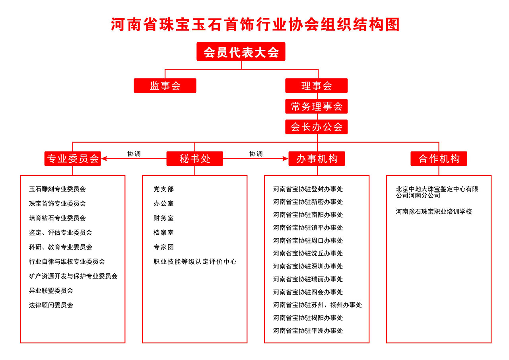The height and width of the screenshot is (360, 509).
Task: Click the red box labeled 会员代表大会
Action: (241, 52)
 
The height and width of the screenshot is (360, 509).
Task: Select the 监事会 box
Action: (165, 86)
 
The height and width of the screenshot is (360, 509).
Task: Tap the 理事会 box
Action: (317, 86)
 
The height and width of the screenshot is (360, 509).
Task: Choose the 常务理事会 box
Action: (317, 106)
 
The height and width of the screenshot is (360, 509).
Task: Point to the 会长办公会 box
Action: (317, 127)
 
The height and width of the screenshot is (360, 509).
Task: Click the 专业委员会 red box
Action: (73, 159)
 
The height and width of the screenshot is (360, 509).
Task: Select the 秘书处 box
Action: (195, 159)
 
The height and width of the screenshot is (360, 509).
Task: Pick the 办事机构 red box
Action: (317, 159)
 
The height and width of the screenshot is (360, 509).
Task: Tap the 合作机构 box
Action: (439, 159)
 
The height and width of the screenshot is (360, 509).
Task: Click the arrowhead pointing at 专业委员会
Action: (104, 159)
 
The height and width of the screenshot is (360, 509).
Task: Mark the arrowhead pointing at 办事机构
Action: (286, 159)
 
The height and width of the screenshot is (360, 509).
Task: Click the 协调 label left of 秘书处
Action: (134, 154)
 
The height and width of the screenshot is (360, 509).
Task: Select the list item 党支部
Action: (163, 189)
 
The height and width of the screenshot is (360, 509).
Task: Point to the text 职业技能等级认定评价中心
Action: (195, 262)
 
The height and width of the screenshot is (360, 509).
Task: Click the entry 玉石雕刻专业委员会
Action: (57, 189)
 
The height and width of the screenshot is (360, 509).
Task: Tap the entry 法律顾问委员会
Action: (51, 305)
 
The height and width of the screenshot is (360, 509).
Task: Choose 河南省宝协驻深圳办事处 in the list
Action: (308, 266)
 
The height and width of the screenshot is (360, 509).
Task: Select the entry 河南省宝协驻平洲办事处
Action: (308, 331)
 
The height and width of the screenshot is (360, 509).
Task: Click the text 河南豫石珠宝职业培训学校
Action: (434, 212)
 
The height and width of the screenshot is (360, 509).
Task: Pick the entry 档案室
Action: (163, 232)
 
